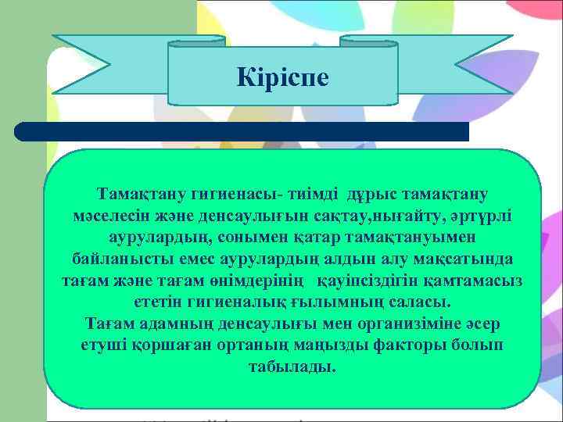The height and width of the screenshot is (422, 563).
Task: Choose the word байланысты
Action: [116, 258]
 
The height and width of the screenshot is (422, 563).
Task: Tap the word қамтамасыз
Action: [479, 280]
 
